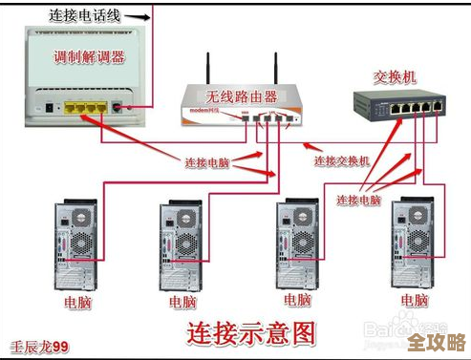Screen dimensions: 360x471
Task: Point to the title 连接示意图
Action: click(249, 332)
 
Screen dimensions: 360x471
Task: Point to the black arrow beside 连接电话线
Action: click(138, 16)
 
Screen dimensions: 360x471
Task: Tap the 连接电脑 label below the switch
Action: click(359, 201)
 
